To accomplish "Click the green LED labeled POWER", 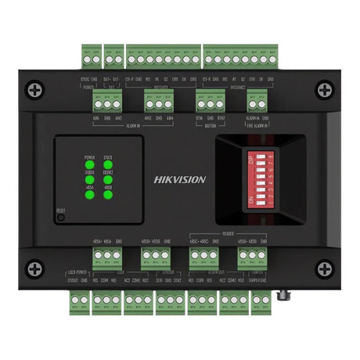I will coord(90,165).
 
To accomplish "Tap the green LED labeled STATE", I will coord(109,165).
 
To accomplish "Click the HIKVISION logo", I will coord(180,179).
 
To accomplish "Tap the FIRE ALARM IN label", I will coord(257,124).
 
